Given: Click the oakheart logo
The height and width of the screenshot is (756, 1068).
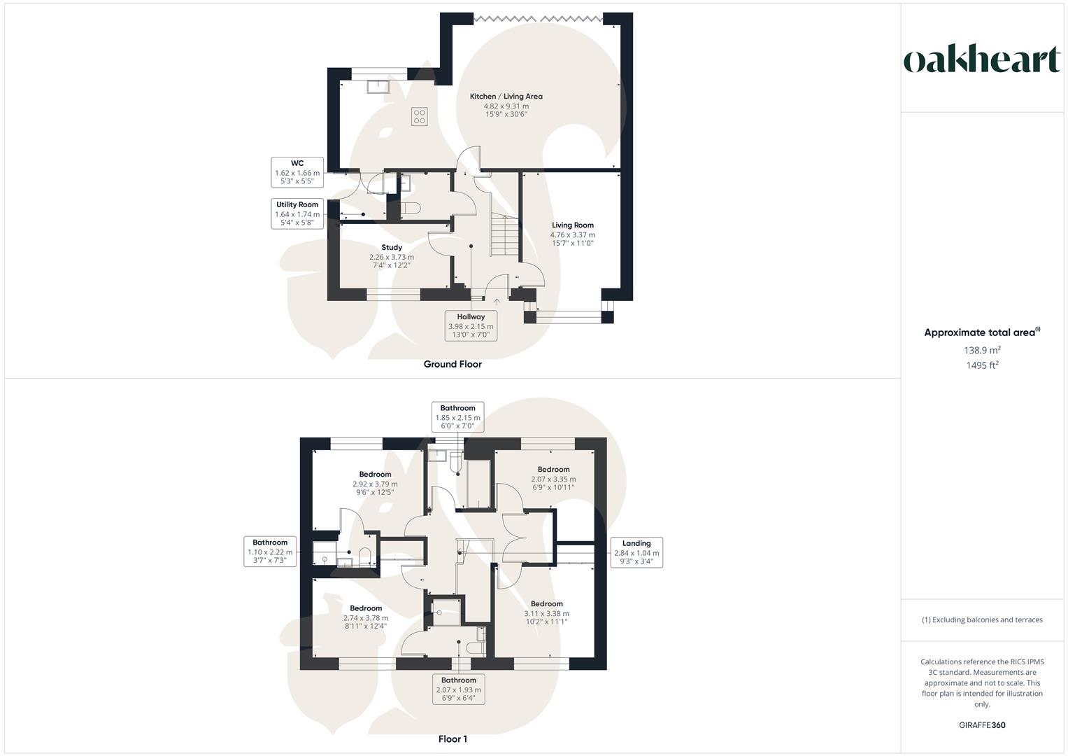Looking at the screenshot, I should (982, 60).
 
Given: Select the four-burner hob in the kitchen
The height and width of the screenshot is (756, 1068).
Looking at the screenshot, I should (419, 116).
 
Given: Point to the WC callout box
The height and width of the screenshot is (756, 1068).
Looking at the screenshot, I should (297, 172).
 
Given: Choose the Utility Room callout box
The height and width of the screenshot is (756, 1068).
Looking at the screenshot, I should (297, 213).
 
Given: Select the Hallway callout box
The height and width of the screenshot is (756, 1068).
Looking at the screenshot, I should (471, 326).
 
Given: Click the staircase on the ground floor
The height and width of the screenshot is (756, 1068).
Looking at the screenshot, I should (504, 236).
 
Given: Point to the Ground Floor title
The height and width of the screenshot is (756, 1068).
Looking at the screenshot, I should (453, 364).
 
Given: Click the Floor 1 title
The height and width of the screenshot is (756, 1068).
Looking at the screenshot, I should (453, 738).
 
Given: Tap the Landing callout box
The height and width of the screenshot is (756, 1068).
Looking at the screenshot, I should (636, 552).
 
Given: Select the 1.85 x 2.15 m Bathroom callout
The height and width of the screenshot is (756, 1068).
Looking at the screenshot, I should (457, 417).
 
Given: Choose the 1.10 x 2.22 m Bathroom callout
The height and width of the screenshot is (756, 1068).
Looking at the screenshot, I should (270, 552).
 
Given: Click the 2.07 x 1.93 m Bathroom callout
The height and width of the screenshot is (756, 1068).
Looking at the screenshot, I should (458, 689).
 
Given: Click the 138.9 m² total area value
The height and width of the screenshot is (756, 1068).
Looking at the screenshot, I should (982, 350).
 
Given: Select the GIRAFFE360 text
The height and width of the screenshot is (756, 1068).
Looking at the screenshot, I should (982, 725).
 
